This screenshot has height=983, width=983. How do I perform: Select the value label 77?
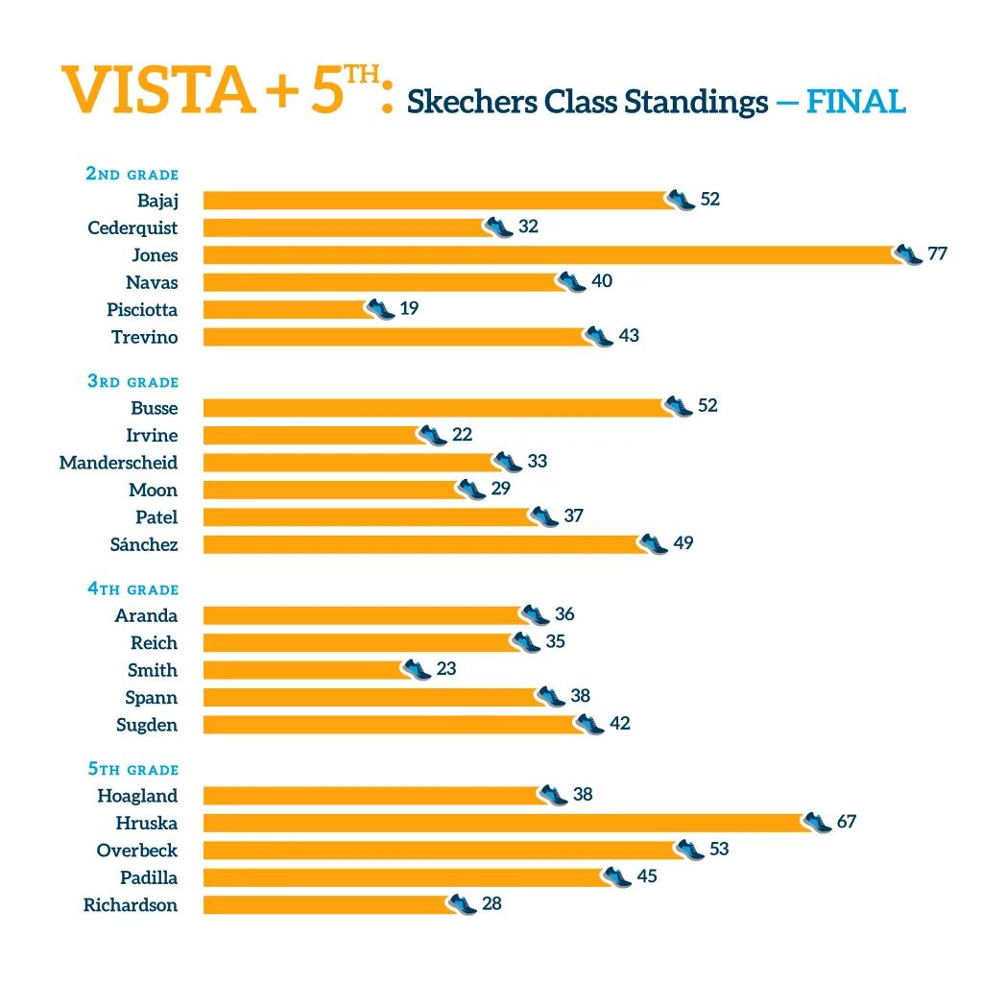coord(937,254)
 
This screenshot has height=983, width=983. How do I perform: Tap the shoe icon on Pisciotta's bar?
coord(380,309)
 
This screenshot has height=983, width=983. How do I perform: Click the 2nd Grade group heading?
coord(132,174)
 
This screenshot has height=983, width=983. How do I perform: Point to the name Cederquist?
coord(132,228)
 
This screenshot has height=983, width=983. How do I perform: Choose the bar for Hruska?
coord(504,823)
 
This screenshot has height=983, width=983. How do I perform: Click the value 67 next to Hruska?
coord(846,822)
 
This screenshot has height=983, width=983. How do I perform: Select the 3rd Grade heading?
coord(132,381)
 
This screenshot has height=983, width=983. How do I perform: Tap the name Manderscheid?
coord(118,463)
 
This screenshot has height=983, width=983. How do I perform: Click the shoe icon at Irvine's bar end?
coord(433,435)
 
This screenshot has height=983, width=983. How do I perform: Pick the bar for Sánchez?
coord(422,544)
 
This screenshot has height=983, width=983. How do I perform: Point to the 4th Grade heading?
coord(132,589)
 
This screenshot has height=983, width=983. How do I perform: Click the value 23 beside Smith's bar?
coord(446,668)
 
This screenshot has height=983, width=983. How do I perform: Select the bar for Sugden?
coord(389,725)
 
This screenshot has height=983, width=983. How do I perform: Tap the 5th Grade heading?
coord(132,770)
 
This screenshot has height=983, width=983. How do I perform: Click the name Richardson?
coord(131,905)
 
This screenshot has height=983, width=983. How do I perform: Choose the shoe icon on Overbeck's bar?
coord(689,850)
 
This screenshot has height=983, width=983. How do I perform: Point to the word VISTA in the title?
coord(159,90)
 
